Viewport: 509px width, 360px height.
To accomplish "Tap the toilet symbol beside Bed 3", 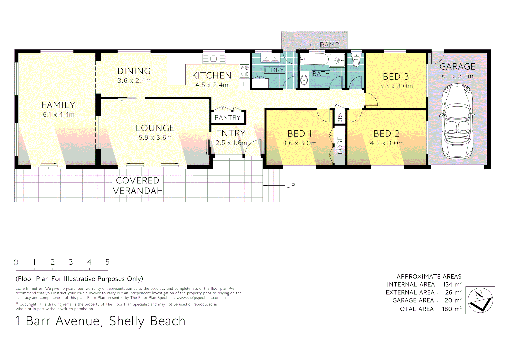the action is tap(356, 60).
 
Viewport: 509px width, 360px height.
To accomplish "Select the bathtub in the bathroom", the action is tap(314, 60).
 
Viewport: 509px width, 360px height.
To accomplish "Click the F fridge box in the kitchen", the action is tap(244, 84).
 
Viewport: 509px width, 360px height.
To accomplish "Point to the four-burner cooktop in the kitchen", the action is tap(244, 71).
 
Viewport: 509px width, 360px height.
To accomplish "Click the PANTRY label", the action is tap(227, 117).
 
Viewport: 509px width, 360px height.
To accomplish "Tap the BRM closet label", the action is tap(340, 117).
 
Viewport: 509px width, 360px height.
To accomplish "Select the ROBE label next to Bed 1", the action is tap(340, 145).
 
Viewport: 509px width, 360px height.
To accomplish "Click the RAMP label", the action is tap(329, 45).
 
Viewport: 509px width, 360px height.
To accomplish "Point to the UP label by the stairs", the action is tap(291, 186).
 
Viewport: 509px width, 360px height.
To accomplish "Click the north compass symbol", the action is tap(480, 300).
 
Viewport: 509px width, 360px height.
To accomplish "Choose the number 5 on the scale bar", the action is tap(107, 262).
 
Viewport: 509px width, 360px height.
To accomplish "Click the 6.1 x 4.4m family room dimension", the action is tap(59, 115).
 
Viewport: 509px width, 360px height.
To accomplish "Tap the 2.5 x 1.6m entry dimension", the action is tap(231, 143).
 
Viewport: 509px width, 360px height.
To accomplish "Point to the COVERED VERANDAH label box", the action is tap(137, 186).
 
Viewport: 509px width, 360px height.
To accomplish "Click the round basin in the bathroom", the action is tap(304, 80).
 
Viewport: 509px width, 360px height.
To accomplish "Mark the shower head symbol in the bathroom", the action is tap(337, 60).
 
